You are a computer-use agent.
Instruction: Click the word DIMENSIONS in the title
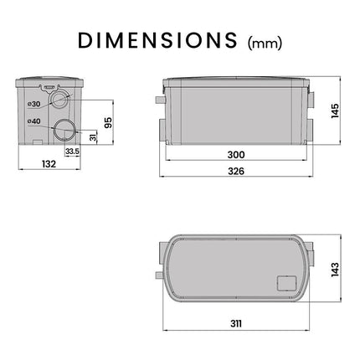[157, 40]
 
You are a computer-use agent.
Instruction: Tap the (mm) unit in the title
[265, 44]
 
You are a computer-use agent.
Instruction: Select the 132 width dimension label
[49, 164]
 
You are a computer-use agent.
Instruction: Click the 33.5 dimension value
[72, 152]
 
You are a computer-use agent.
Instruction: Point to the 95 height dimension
[108, 122]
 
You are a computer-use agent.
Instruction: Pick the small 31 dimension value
[94, 136]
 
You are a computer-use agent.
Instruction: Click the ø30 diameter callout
[34, 104]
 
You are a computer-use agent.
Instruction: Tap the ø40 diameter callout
[34, 121]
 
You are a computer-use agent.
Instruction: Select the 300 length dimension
[236, 155]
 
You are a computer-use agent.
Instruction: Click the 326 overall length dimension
[236, 171]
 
